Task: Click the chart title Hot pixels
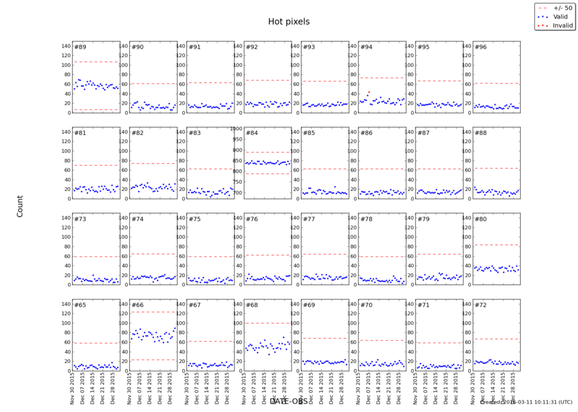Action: [289, 22]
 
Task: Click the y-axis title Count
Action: [19, 206]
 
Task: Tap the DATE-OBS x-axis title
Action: [288, 402]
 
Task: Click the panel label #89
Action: [80, 47]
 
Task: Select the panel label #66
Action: [137, 304]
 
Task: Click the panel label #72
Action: [480, 304]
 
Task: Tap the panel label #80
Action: [480, 219]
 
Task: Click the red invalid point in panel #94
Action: [369, 92]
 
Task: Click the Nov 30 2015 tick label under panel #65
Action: [73, 388]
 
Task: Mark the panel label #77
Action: [309, 219]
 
